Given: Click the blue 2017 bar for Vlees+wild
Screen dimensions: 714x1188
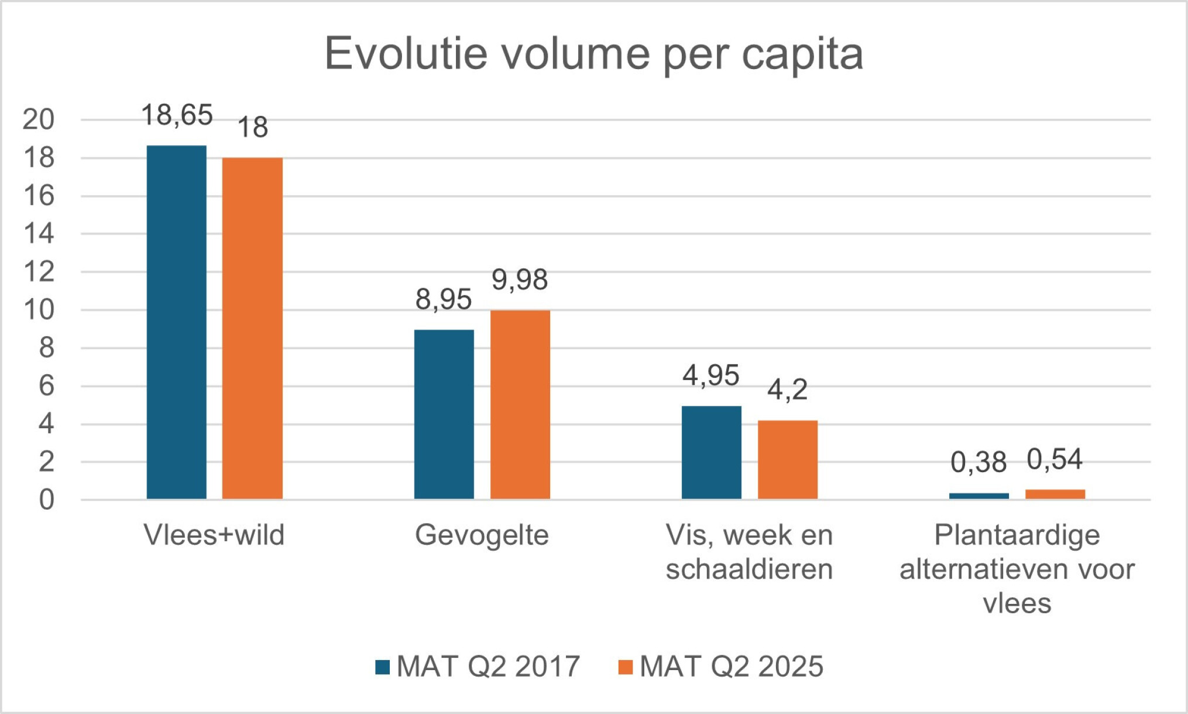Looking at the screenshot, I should [x=176, y=322].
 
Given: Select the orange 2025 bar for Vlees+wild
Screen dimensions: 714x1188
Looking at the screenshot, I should [x=252, y=328].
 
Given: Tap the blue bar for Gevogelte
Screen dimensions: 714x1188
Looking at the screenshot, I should [x=444, y=414].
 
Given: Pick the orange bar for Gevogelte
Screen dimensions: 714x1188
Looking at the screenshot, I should [x=520, y=404].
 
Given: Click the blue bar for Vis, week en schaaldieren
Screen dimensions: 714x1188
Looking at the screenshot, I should [x=711, y=452].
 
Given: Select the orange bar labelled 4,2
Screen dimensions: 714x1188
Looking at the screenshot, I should [x=787, y=459].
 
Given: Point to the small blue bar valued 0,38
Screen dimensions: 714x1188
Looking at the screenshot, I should [x=978, y=496].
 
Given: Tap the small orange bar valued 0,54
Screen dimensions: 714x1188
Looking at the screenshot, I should [x=1055, y=494].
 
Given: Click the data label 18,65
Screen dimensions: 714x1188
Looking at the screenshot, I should [x=177, y=115].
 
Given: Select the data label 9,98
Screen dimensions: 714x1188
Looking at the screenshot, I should [x=520, y=279].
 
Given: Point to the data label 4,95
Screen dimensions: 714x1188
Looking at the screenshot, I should [x=711, y=375].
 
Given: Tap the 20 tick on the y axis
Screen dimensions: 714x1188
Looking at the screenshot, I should [x=39, y=119].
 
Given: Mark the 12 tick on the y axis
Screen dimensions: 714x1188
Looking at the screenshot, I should [x=39, y=272].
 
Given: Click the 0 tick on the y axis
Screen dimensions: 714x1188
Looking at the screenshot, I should [x=46, y=500].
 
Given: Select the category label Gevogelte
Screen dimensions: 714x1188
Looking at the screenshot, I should [x=482, y=535].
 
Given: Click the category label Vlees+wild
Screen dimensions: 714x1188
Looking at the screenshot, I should [x=214, y=535].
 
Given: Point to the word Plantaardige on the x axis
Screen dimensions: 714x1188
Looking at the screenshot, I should [x=1017, y=535].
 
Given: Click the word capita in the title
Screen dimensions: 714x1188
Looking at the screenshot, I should [x=802, y=54].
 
